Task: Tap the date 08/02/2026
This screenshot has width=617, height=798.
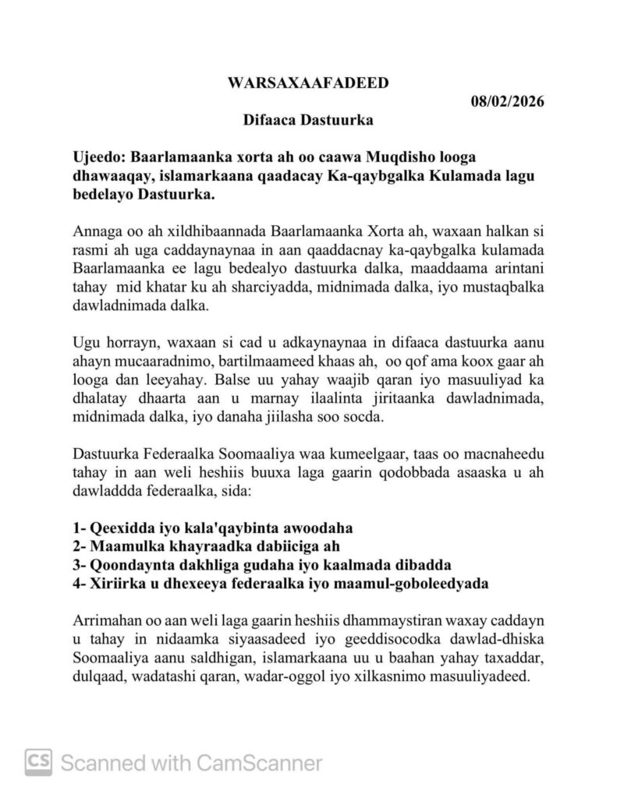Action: [507, 101]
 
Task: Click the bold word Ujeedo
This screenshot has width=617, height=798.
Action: [97, 158]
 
